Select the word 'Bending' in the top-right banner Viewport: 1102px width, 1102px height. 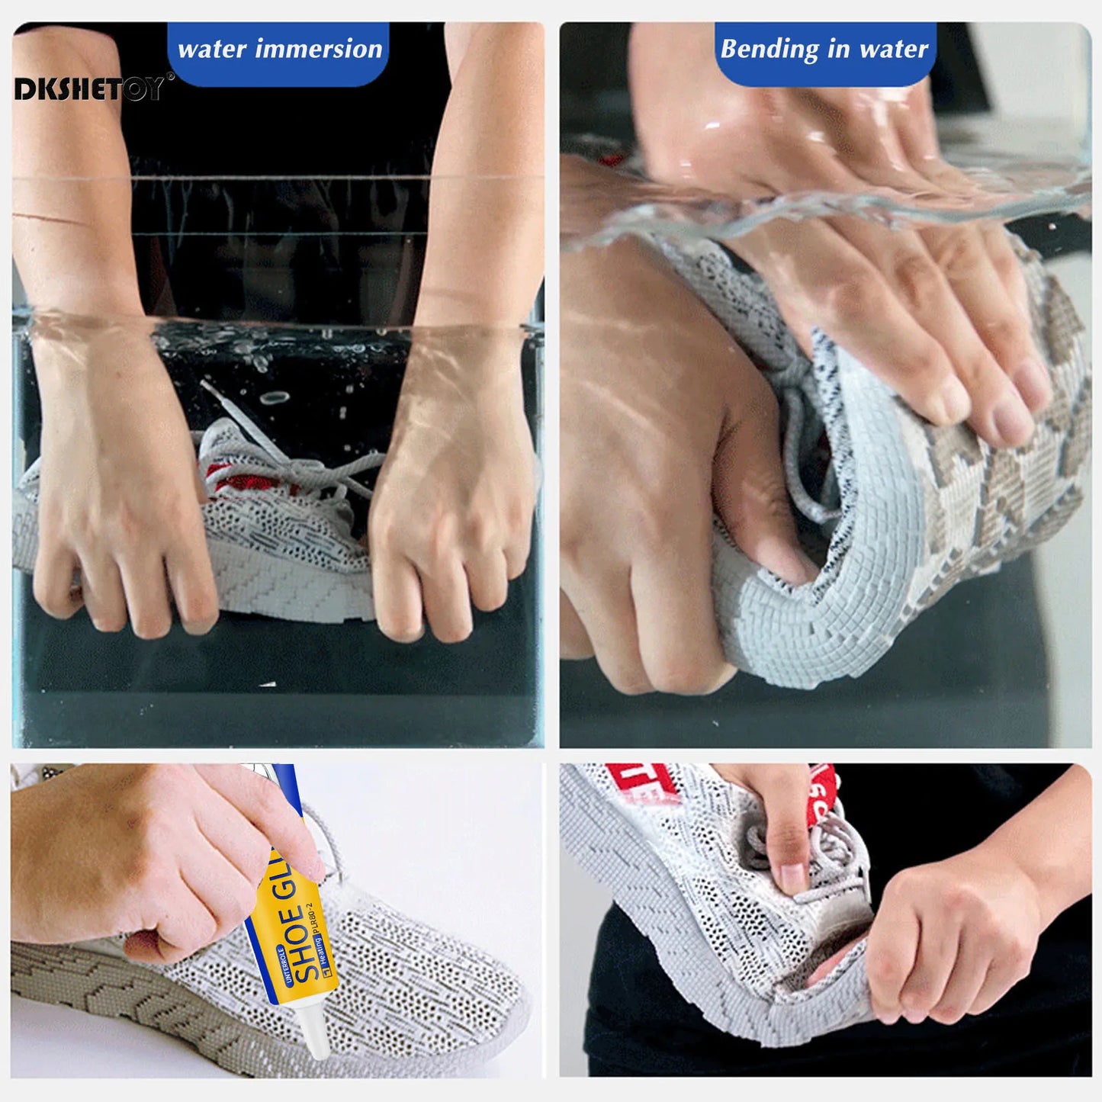pyautogui.click(x=769, y=49)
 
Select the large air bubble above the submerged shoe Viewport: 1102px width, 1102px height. pyautogui.click(x=274, y=398)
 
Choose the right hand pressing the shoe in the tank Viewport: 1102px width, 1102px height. pyautogui.click(x=450, y=496)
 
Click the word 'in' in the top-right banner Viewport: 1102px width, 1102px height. pyautogui.click(x=838, y=49)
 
